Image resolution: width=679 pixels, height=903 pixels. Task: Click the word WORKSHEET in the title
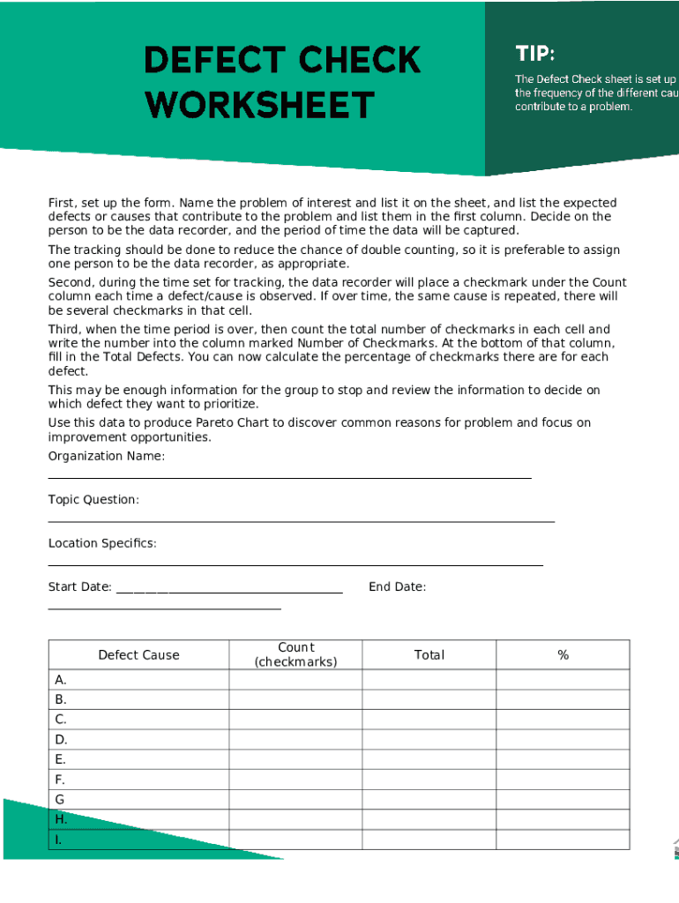click(260, 105)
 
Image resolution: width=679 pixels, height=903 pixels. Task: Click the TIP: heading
click(534, 54)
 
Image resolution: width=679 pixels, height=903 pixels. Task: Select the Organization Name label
click(106, 456)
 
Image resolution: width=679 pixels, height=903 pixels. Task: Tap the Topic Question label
click(93, 500)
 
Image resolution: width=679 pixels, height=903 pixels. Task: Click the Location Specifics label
click(102, 543)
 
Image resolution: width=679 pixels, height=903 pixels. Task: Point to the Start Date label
click(79, 587)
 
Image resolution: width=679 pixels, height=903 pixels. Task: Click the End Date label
click(397, 587)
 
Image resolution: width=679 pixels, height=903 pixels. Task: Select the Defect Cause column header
click(138, 655)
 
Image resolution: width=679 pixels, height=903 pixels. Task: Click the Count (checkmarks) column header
click(295, 655)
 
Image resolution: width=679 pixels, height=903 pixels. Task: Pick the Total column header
click(429, 655)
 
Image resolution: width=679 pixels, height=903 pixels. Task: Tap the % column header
click(563, 655)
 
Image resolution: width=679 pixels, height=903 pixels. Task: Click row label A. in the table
click(61, 680)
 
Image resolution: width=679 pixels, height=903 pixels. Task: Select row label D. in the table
click(61, 740)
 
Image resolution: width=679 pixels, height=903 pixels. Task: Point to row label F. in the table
click(60, 780)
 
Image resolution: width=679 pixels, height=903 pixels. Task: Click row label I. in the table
click(58, 840)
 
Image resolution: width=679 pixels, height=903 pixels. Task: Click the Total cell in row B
click(429, 699)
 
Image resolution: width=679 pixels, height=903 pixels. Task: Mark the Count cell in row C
click(295, 720)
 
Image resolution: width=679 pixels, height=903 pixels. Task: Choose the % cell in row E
click(563, 759)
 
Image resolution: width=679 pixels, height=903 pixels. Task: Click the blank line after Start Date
click(229, 591)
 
